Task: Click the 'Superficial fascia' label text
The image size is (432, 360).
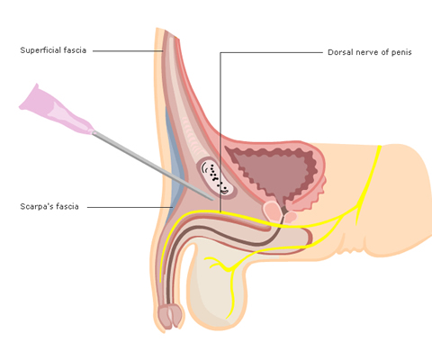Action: click(x=53, y=50)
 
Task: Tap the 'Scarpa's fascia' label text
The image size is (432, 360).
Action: click(x=49, y=206)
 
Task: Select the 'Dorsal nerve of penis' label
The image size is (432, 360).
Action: click(x=370, y=52)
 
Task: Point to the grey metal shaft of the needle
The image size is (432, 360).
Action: click(x=153, y=166)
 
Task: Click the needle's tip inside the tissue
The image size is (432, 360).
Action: click(x=212, y=199)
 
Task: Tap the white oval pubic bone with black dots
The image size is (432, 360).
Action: click(x=217, y=178)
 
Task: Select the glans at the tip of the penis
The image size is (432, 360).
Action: click(x=170, y=316)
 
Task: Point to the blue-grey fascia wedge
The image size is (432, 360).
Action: click(x=173, y=168)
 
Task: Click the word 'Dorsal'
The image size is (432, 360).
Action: click(x=339, y=52)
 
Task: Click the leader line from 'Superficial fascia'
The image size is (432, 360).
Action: click(x=128, y=51)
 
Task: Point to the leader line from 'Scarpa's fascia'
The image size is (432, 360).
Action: click(x=130, y=207)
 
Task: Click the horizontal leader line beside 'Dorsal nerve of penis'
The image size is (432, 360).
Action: click(x=271, y=52)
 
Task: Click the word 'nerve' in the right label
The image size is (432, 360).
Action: click(x=364, y=52)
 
